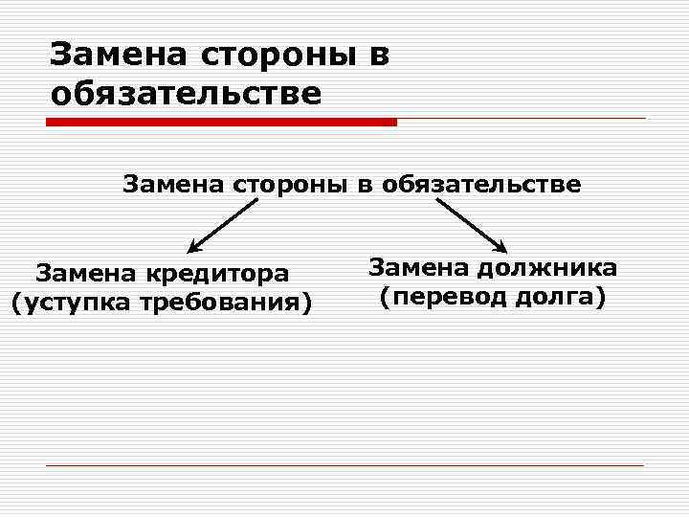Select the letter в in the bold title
[377, 56]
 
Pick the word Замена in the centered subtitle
[173, 184]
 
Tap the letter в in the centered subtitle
[365, 185]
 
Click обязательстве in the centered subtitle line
[480, 184]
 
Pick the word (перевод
[433, 298]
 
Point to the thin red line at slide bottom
[344, 465]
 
